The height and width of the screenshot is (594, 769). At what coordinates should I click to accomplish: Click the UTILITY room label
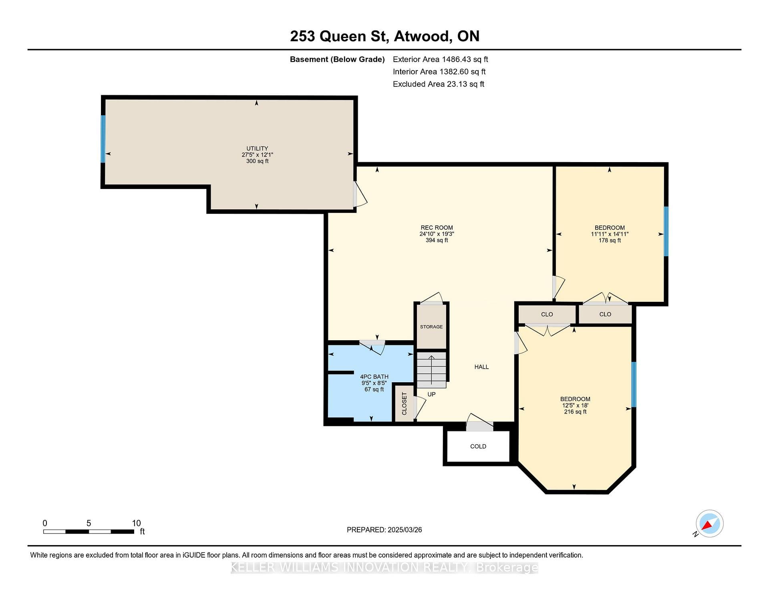click(x=257, y=148)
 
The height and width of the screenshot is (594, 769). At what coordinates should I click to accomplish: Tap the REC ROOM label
click(x=437, y=228)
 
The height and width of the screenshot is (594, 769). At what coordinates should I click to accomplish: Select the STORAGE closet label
click(x=431, y=327)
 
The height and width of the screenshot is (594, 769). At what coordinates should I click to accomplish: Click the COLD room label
click(x=478, y=446)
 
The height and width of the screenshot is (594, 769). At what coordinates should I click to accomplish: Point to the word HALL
click(x=481, y=367)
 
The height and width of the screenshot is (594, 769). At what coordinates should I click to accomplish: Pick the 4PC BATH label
click(x=374, y=377)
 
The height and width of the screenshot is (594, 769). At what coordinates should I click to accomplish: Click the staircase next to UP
click(x=431, y=370)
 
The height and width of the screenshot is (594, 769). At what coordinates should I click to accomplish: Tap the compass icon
click(x=709, y=524)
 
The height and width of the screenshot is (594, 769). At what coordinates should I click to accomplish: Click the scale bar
click(x=89, y=532)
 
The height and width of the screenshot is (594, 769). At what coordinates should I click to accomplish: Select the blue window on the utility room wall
click(x=103, y=139)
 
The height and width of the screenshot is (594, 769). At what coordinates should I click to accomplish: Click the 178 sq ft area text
click(x=610, y=241)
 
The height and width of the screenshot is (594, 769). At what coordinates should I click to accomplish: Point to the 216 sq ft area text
click(x=575, y=412)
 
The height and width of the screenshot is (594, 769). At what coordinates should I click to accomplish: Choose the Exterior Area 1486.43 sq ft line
click(x=440, y=59)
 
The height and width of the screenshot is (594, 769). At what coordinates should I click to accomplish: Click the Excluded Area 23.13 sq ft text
click(x=439, y=84)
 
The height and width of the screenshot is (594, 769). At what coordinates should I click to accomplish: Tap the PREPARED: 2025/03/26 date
click(x=384, y=530)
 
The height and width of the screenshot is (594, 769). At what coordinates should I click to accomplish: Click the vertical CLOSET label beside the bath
click(x=404, y=403)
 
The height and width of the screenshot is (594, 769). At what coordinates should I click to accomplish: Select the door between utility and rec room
click(x=359, y=194)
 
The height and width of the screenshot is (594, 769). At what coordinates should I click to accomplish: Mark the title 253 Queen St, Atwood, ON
click(x=384, y=36)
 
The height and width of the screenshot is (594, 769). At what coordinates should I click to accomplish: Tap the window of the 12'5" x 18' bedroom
click(x=634, y=385)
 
